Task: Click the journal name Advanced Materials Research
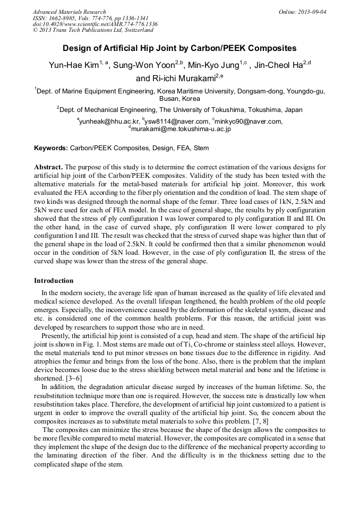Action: click(x=70, y=12)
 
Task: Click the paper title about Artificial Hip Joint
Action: click(x=179, y=48)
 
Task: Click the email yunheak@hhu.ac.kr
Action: click(x=109, y=122)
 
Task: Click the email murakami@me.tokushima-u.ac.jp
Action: click(x=181, y=129)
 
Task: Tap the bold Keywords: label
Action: click(x=51, y=148)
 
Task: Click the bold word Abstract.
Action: click(x=48, y=167)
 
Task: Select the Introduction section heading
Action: click(x=54, y=281)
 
